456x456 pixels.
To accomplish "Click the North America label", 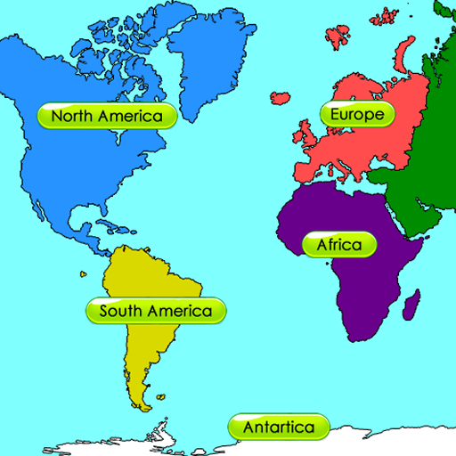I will click(x=107, y=116).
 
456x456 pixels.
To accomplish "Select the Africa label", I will click(x=338, y=244).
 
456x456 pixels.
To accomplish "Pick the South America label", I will click(x=156, y=311).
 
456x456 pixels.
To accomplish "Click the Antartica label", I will click(x=279, y=427).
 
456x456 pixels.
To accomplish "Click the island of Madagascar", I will click(x=411, y=308).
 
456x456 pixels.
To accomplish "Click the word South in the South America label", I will click(x=120, y=311).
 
